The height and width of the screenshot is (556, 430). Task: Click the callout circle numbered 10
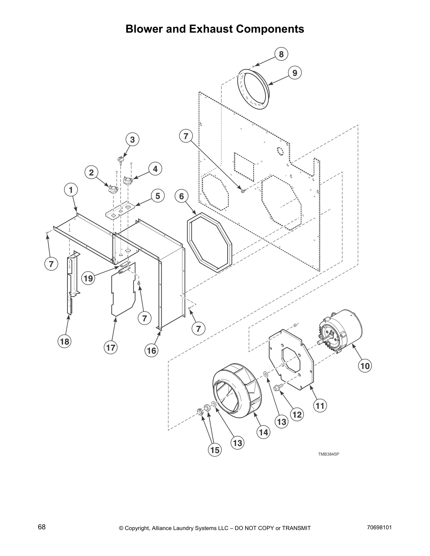point(365,366)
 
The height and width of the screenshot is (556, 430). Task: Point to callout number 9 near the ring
point(294,73)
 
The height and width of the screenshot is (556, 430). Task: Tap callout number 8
point(281,54)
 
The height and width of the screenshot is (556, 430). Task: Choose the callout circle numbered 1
point(71,190)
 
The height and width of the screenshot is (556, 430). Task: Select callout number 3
point(132,139)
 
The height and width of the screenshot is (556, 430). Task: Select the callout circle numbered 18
point(65,341)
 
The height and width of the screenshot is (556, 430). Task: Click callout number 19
point(89,278)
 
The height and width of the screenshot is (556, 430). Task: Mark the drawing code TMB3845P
point(328,454)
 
